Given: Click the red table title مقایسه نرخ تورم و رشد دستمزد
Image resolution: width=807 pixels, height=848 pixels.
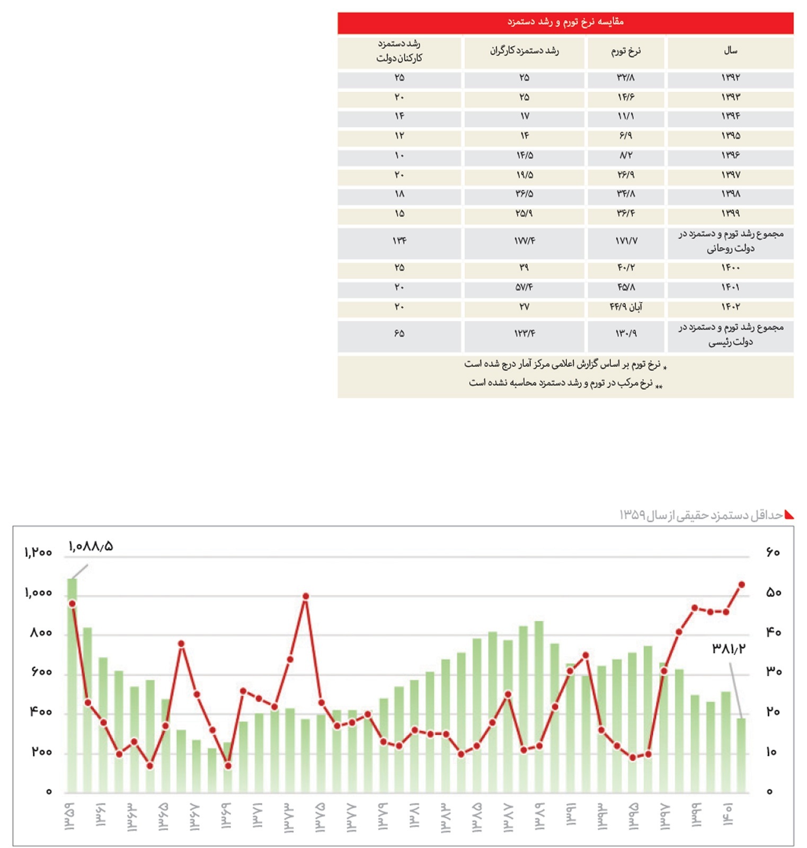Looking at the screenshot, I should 565,22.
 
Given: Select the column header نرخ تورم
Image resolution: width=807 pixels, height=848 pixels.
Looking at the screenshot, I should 626,51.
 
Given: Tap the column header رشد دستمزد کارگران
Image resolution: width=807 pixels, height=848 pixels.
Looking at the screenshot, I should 524,51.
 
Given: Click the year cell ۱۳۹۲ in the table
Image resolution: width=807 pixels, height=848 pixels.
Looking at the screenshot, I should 730,78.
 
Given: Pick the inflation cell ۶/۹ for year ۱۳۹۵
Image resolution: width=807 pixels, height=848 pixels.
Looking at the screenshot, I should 626,136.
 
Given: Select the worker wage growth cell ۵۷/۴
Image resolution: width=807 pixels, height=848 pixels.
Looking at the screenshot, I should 524,287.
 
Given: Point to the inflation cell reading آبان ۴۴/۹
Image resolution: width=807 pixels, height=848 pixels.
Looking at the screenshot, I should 626,307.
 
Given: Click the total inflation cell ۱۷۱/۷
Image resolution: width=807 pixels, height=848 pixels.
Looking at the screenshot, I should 626,241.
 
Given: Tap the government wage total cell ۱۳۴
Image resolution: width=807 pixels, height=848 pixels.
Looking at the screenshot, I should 399,241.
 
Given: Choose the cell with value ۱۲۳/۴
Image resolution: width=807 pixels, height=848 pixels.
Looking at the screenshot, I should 524,334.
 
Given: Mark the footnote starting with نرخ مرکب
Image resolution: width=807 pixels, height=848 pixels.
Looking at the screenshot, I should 565,383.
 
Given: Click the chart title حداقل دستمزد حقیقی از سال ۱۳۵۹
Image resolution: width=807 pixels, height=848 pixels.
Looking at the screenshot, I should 701,515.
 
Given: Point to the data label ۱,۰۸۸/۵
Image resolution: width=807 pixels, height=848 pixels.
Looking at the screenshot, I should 91,546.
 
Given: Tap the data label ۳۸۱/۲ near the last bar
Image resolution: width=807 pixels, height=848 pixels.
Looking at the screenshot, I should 729,648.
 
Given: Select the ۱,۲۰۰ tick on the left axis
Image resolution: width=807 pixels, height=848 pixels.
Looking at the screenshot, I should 38,553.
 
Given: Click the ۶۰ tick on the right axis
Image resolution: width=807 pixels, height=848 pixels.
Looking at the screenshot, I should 773,553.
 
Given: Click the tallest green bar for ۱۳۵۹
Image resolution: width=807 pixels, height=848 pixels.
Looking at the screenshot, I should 72,689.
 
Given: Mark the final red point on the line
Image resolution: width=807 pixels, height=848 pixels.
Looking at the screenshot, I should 742,585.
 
